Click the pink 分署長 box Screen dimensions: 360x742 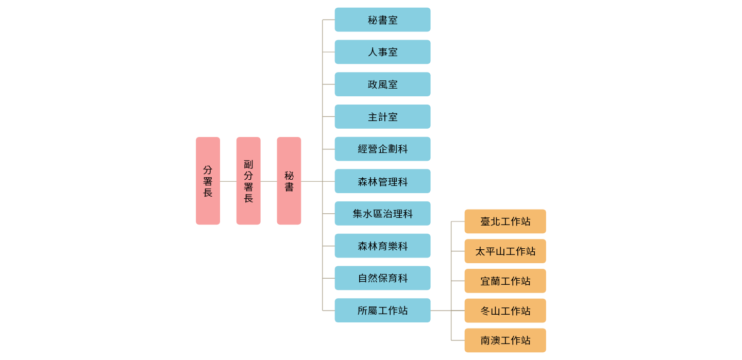coord(208,181)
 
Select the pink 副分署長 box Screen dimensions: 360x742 coord(248,181)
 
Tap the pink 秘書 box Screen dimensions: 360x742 coord(289,181)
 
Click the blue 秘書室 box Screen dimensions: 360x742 coord(382,20)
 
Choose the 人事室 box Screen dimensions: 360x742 coord(382,52)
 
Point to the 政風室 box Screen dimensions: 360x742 coord(382,84)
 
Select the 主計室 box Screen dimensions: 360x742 coord(382,117)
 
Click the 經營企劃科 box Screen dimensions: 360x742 coord(382,149)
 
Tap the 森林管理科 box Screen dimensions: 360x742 coord(382,181)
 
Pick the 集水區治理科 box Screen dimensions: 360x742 coord(382,213)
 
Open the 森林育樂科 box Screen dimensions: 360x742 coord(382,246)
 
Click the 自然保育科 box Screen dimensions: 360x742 coord(382,278)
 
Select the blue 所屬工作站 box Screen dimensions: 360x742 coord(382,311)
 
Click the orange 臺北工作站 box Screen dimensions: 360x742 coord(505,221)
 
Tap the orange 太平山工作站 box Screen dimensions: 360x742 coord(505,251)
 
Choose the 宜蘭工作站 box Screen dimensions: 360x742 coord(505,281)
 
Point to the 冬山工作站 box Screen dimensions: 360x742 coord(505,311)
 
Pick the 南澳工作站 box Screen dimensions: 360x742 coord(505,340)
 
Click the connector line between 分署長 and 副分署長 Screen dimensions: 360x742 coord(228,181)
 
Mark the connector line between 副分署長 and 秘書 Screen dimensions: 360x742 coord(268,181)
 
